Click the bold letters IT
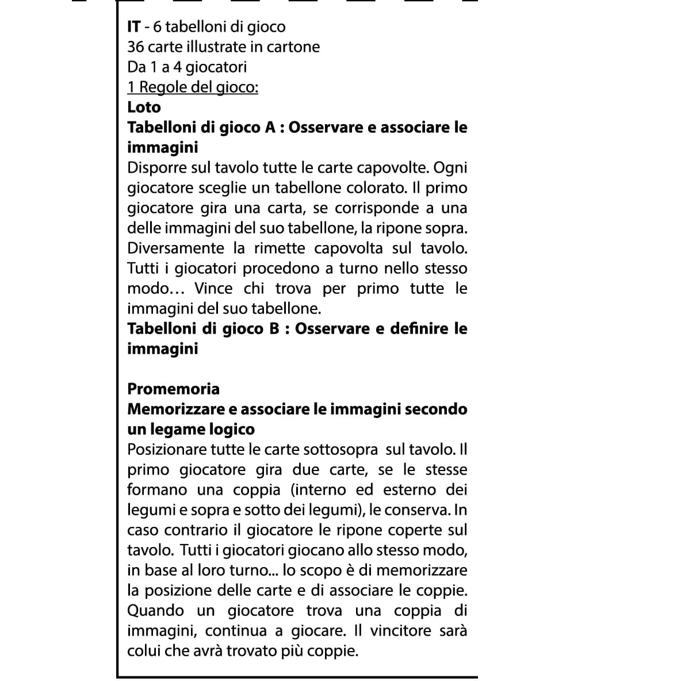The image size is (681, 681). [x=133, y=27]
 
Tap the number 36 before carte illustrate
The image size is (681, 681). [x=136, y=47]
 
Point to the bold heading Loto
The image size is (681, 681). [x=144, y=108]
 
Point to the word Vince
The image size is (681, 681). [x=213, y=289]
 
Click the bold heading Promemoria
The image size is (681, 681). [x=173, y=389]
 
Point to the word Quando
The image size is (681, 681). [x=155, y=611]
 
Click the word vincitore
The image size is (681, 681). [x=400, y=631]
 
